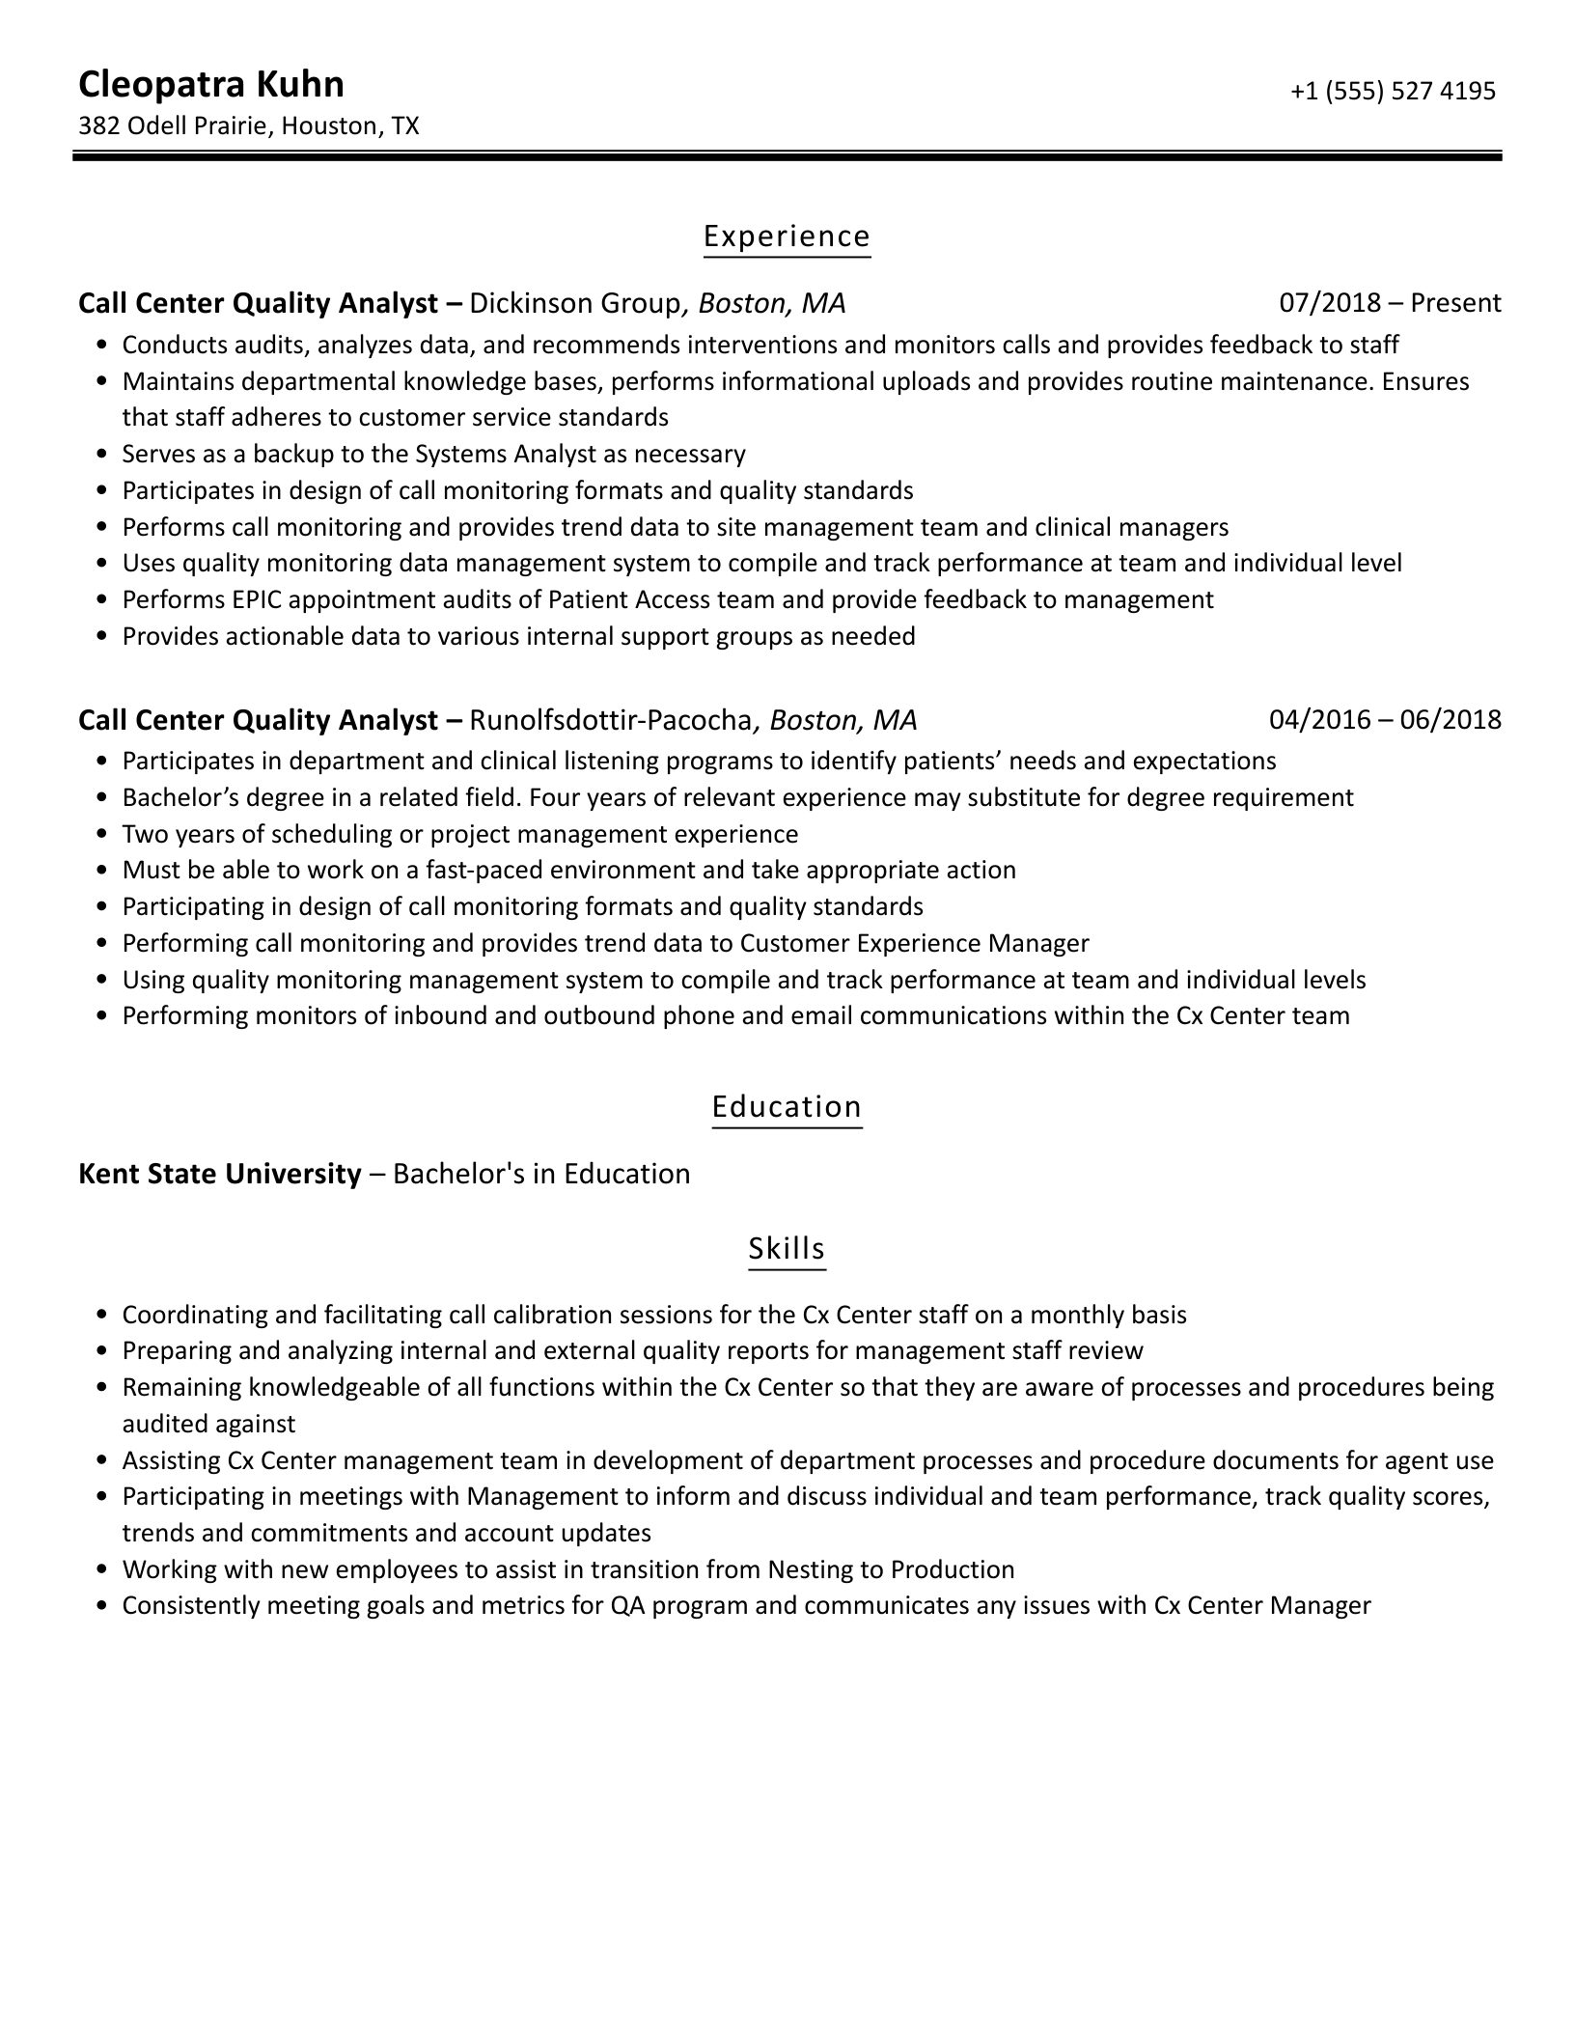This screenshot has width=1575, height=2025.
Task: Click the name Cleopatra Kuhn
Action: (210, 85)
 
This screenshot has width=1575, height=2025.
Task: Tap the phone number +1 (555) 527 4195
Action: (1392, 91)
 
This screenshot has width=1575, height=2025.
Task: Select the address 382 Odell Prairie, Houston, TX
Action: (248, 126)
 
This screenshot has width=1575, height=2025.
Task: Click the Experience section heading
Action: (787, 236)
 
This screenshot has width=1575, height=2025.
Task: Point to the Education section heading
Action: (787, 1106)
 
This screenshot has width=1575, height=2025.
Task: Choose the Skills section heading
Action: (787, 1248)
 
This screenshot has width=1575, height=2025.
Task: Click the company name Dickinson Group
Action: (575, 304)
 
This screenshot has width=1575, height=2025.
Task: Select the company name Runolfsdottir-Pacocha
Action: (610, 720)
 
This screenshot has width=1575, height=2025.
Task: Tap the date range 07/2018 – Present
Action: (1390, 304)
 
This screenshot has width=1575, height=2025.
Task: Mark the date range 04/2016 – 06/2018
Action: (1385, 720)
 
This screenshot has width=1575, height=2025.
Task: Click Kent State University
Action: (219, 1174)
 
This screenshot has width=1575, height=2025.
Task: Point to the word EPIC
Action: (255, 600)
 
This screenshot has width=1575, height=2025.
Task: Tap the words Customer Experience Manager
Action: (914, 943)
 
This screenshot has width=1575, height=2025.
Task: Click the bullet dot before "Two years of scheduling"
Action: (102, 835)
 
